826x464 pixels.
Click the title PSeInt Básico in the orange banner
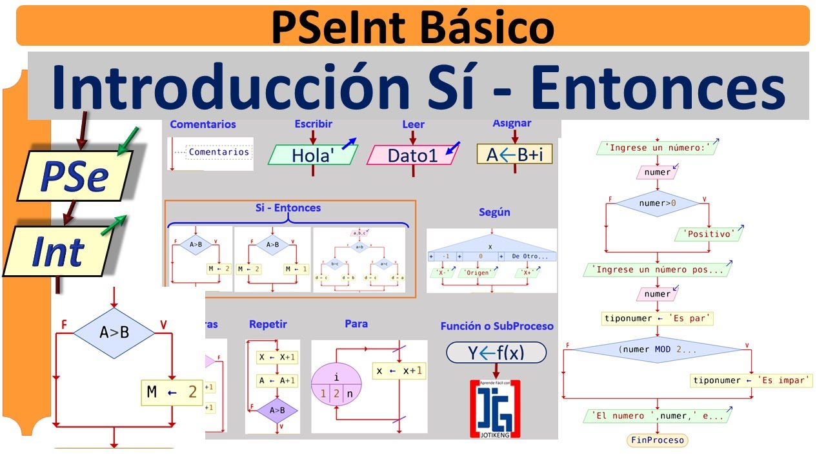click(413, 27)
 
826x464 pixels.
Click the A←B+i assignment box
click(514, 154)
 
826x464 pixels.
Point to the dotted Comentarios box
click(219, 153)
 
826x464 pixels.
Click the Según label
click(494, 212)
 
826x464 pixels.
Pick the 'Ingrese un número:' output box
click(657, 148)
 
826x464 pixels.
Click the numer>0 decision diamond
click(657, 204)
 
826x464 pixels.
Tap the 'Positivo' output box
click(708, 234)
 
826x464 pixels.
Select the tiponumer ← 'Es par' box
click(657, 318)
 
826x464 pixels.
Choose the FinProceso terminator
click(657, 440)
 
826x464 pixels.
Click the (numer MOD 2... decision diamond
click(657, 349)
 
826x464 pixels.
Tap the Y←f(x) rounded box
click(496, 352)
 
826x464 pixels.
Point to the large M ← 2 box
click(172, 392)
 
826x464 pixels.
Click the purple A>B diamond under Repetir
click(277, 410)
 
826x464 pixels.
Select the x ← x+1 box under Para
click(399, 371)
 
